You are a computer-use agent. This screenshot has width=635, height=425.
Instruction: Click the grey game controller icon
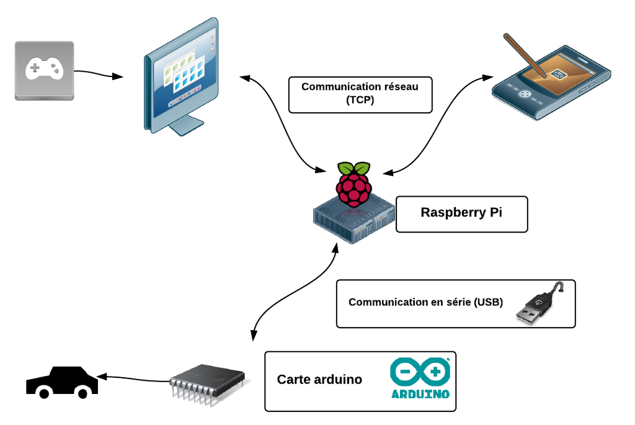(44, 70)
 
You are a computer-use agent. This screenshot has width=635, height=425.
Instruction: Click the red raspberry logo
(354, 184)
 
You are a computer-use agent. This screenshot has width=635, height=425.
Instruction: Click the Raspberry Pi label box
(461, 214)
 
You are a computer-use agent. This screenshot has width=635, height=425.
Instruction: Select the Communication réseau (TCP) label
(360, 94)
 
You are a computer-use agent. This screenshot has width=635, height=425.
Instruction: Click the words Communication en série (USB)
(425, 303)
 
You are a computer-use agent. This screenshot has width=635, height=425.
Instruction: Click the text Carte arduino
(319, 380)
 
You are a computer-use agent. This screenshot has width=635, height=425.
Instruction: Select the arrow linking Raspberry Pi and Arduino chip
(291, 292)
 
